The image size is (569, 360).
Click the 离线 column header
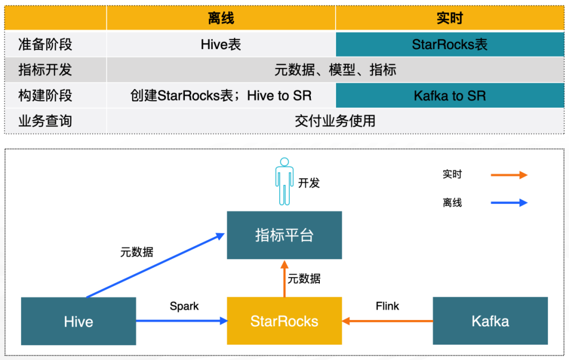point(221,18)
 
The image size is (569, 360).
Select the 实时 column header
point(449,18)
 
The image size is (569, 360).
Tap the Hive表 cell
point(221,44)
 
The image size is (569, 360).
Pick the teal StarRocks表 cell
point(449,44)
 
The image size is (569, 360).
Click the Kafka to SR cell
point(449,96)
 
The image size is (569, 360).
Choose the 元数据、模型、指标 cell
point(335,70)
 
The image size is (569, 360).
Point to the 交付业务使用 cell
point(335,121)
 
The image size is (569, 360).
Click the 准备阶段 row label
point(45,44)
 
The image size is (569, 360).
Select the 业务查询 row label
point(45,121)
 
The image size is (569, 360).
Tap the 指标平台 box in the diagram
point(284,235)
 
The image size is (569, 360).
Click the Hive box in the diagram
point(79,321)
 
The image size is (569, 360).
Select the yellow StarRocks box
point(284,321)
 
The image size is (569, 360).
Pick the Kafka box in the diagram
point(490,321)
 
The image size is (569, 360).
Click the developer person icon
point(284,181)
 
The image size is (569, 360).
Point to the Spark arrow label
point(184,306)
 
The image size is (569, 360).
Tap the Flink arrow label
point(387,306)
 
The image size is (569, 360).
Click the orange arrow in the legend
point(509,175)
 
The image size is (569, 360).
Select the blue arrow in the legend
point(509,202)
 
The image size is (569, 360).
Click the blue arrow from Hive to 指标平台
point(155,266)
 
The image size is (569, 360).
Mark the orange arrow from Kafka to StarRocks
point(387,320)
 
